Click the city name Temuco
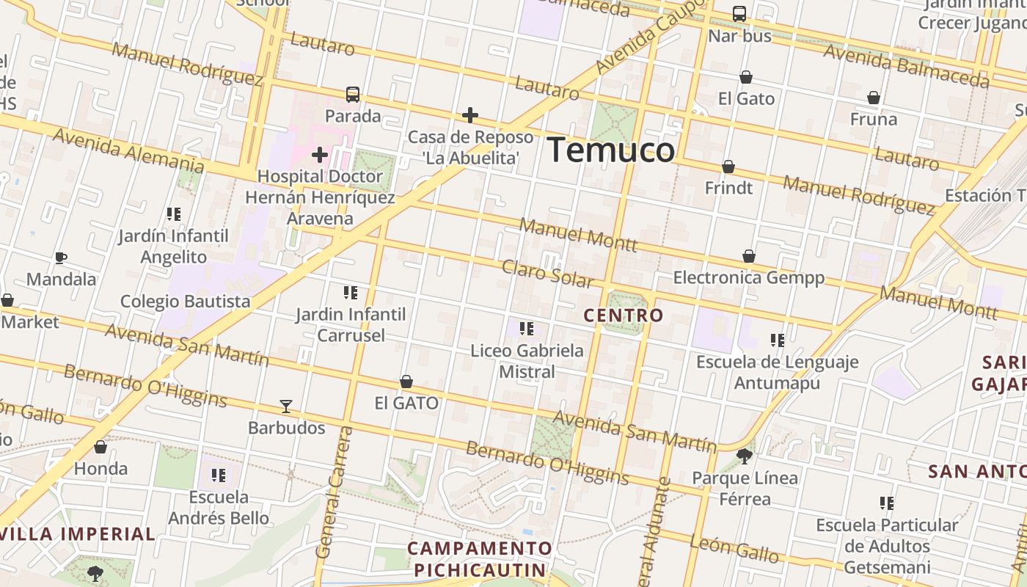pos(610,150)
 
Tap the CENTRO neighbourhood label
pos(624,316)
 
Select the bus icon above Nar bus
pos(739,14)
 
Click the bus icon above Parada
pos(353,95)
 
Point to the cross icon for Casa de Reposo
pos(470,115)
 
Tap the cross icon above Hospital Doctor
pos(320,155)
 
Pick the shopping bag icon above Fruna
pos(874,98)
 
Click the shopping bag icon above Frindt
pos(728,167)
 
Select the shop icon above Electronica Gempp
pos(749,256)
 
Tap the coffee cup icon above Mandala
pos(61,258)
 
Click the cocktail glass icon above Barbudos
pos(286,406)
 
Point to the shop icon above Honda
pos(100,447)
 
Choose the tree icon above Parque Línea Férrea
pos(745,456)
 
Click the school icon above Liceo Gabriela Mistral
pos(526,329)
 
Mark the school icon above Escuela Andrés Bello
pos(218,475)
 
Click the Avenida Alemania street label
pos(128,150)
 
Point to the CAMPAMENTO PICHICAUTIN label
pos(480,559)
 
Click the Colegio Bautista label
pos(185,302)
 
